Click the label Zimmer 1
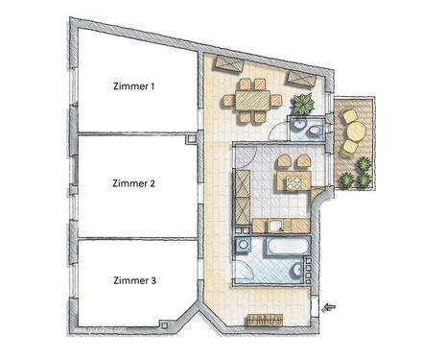pos(133,86)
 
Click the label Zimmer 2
pos(133,182)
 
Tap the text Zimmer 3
pos(133,280)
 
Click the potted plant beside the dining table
pos(303,104)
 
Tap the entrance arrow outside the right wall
pos(331,307)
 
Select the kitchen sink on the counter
pos(274,226)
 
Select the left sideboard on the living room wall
pos(229,64)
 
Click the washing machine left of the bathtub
pos(245,247)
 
